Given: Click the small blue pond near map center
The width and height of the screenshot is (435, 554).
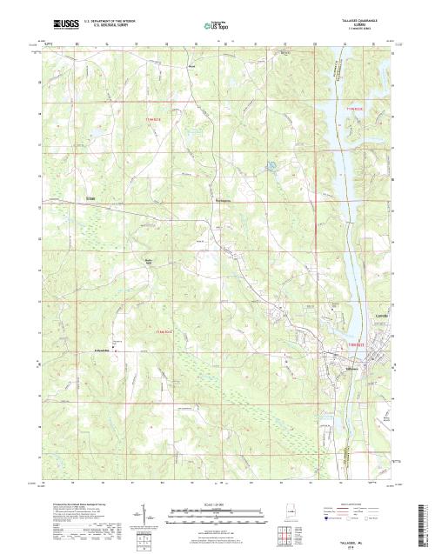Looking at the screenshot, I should tap(271, 164).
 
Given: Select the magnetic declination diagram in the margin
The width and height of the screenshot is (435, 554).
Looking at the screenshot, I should tap(142, 513).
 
